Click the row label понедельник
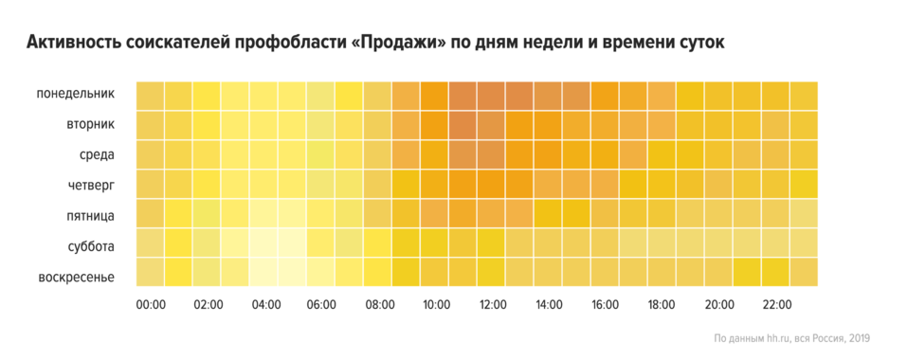click(x=76, y=94)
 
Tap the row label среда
click(x=97, y=154)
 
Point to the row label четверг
click(x=90, y=185)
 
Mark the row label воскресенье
click(x=77, y=276)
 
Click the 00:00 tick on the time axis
click(x=151, y=305)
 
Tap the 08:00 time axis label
click(x=378, y=305)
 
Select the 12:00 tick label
click(x=492, y=305)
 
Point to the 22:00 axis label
click(x=776, y=305)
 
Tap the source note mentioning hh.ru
click(x=791, y=338)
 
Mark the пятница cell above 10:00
click(x=435, y=213)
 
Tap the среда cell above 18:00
click(x=662, y=154)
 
